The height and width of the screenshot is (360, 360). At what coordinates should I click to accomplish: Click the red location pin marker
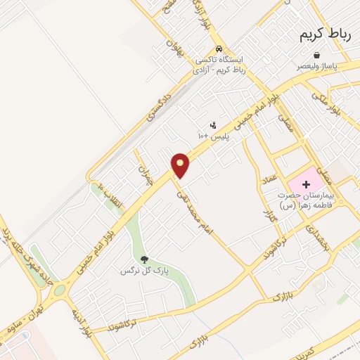181,165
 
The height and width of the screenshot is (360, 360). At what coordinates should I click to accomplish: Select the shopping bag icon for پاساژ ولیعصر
317,55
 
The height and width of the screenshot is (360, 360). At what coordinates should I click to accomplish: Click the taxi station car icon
219,49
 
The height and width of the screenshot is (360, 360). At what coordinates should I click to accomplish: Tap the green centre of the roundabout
58,290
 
